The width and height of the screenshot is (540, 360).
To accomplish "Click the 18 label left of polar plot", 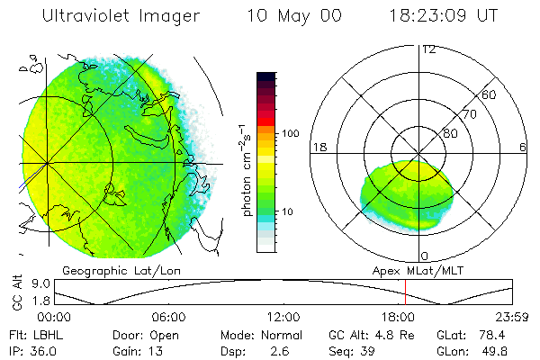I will (319, 147).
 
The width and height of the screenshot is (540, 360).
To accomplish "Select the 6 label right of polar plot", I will (523, 147).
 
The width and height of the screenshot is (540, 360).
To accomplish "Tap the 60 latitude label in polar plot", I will (490, 94).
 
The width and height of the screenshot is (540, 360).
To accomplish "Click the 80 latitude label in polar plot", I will (451, 133).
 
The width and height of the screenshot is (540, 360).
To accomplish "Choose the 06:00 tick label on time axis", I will (169, 317).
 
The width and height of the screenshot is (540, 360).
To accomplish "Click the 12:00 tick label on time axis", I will (283, 317).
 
